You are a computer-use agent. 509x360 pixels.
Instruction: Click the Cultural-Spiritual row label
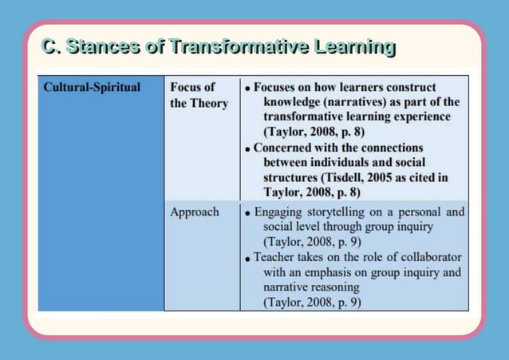coord(92,87)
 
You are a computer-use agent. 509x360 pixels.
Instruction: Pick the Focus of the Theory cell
coord(199,95)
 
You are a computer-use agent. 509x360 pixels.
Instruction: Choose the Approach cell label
coord(194,212)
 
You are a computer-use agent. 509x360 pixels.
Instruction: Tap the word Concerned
coord(286,148)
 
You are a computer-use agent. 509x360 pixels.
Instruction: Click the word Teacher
coord(276,257)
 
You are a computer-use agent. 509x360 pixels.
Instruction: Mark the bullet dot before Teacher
coord(248,259)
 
